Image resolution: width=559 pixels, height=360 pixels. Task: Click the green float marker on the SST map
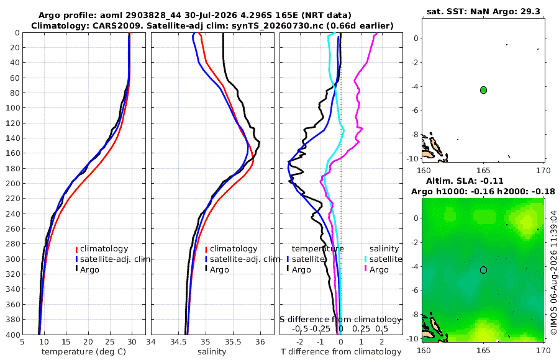[483, 90]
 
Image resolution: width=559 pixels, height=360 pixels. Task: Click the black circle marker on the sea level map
[483, 270]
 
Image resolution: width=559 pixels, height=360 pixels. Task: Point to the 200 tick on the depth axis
[13, 183]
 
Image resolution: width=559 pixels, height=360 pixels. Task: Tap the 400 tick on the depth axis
[13, 335]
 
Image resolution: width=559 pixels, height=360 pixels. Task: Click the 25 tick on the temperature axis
[110, 342]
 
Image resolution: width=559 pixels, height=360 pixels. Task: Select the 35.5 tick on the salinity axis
[233, 342]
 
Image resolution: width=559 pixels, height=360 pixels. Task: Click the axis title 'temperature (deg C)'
[84, 352]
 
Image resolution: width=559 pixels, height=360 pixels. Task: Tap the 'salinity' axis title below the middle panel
[212, 352]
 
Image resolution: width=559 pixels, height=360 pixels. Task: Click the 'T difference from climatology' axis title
[341, 352]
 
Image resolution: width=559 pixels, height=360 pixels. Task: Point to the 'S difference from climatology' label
[341, 319]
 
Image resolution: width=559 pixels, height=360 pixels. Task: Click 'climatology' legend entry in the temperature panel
[104, 249]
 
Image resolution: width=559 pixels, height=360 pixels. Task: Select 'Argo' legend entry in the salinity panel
[219, 270]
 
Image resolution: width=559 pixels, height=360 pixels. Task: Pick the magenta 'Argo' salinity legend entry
[379, 270]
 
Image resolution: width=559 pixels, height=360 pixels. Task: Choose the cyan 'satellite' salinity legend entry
[385, 259]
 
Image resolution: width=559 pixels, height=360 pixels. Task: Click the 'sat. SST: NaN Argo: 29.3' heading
[483, 11]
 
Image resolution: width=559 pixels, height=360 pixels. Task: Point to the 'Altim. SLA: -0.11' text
[465, 181]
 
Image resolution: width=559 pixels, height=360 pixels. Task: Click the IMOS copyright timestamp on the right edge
[553, 272]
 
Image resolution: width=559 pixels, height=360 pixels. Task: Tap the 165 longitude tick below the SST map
[483, 171]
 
